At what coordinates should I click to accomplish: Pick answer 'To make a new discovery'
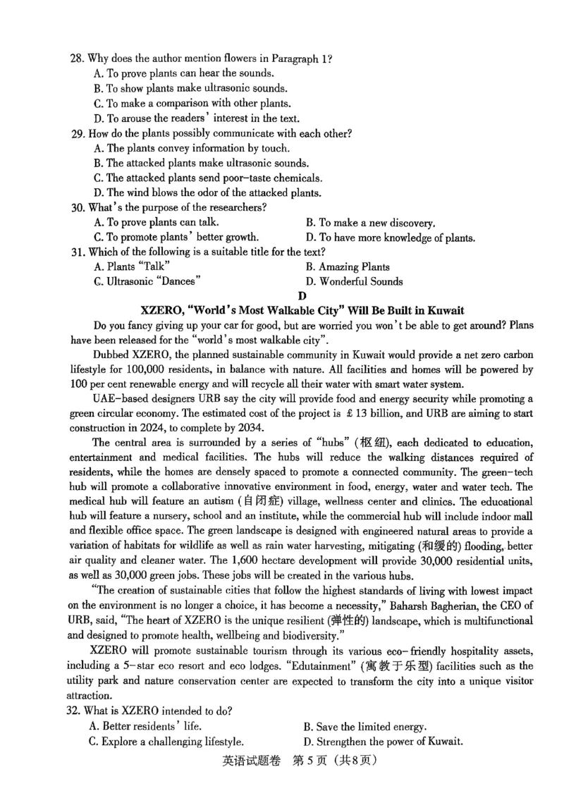coord(370,223)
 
